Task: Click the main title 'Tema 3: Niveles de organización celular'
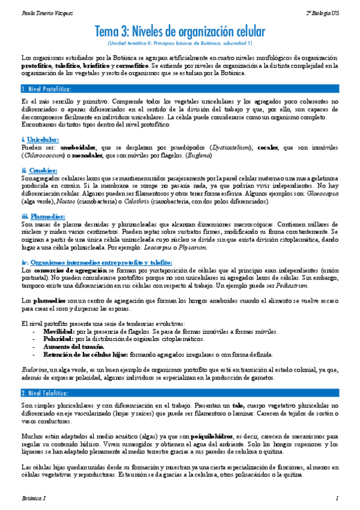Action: coord(180,32)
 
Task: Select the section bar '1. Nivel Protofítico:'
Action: coord(46,89)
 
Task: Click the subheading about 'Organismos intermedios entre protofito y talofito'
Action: coord(97,262)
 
